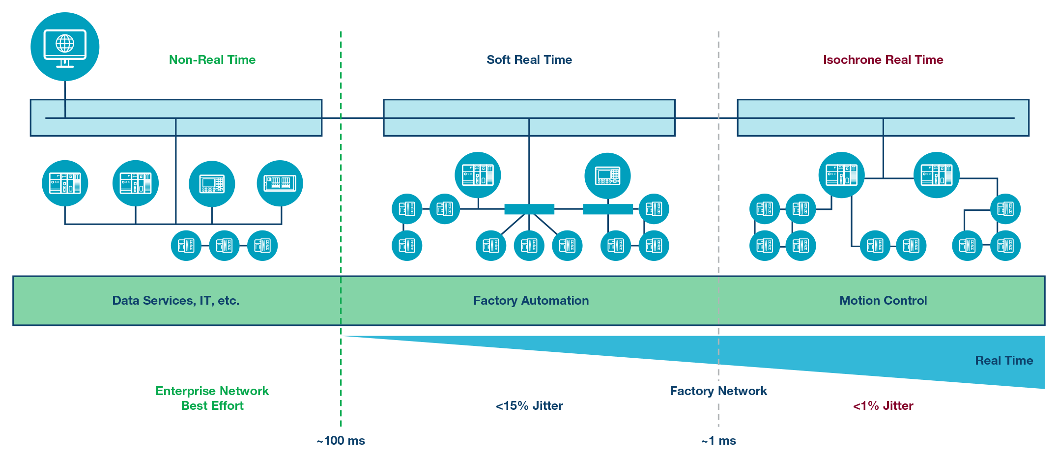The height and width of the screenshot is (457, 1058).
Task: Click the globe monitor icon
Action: click(x=65, y=47)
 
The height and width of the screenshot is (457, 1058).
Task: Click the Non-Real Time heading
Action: click(x=212, y=60)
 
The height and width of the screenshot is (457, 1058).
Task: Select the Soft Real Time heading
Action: click(x=529, y=60)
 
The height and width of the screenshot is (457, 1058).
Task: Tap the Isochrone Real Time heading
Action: click(x=883, y=60)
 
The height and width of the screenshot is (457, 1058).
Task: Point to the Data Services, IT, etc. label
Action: click(x=176, y=301)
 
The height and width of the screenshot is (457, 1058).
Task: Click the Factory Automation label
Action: click(x=531, y=301)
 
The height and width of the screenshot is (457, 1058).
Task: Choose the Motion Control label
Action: click(x=883, y=301)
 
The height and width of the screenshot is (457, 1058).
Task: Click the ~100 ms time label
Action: click(x=341, y=441)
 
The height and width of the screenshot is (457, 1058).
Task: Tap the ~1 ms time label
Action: click(x=718, y=441)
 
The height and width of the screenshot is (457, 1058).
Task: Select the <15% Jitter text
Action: click(x=529, y=406)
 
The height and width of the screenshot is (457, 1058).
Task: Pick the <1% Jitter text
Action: click(x=883, y=406)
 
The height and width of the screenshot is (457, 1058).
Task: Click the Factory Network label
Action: click(x=718, y=391)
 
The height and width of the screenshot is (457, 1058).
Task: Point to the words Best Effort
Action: click(x=212, y=406)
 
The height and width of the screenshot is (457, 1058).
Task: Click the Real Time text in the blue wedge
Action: click(x=1004, y=361)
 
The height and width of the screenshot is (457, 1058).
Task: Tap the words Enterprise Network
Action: click(x=212, y=391)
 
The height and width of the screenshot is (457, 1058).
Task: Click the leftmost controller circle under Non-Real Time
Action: click(x=65, y=183)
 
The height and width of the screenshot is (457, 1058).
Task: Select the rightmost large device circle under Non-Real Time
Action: click(x=280, y=183)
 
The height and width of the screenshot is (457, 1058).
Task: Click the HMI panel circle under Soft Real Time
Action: click(x=608, y=175)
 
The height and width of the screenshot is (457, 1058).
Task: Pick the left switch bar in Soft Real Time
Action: click(x=529, y=209)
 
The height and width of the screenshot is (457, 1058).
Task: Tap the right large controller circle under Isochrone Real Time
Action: click(x=937, y=175)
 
